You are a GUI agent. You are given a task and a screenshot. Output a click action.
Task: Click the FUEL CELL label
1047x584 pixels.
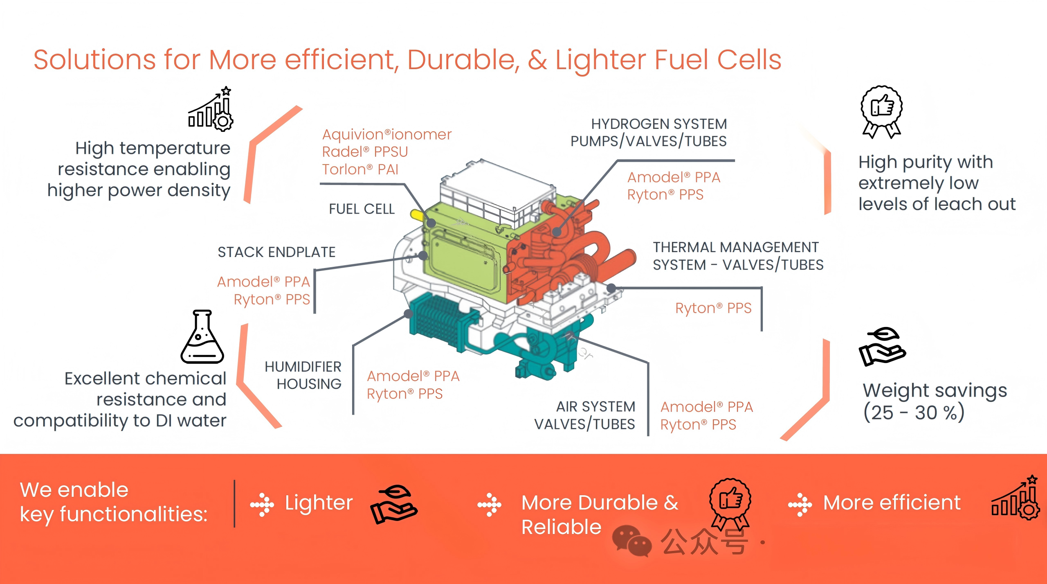point(362,209)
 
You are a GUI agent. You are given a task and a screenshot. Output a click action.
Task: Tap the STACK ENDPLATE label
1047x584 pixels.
point(276,252)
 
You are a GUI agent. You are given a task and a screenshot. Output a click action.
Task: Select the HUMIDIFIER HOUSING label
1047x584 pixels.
point(303,375)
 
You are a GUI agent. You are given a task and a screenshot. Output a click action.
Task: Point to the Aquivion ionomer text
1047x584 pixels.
point(387,135)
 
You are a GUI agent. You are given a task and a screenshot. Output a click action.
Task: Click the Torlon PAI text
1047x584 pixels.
point(360,169)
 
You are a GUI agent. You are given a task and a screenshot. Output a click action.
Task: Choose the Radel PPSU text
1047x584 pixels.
point(365,152)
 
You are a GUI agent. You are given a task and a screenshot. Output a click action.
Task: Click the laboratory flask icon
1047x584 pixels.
point(202,336)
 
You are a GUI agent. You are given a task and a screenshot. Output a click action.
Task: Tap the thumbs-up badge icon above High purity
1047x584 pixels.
point(881,112)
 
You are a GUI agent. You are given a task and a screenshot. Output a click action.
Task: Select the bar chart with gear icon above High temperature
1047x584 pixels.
point(211,109)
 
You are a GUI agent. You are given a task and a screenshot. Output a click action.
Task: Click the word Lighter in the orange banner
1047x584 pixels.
point(319,503)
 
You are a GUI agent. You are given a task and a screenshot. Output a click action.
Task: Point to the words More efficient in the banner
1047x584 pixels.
point(892,503)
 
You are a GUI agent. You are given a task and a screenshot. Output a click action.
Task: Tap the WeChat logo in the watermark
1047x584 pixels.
point(631,541)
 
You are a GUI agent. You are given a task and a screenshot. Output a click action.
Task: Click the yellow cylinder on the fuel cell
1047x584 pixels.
point(418,215)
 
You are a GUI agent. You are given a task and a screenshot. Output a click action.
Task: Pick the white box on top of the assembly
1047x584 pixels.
point(497,192)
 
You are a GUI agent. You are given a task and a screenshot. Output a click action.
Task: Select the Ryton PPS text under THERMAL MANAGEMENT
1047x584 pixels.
point(713,308)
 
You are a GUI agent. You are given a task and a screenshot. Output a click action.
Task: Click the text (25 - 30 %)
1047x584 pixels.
point(914,413)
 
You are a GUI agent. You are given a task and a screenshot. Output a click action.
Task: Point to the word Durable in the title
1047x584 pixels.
point(464,60)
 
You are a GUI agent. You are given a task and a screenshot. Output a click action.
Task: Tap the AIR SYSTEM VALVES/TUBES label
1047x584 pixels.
point(584,415)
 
